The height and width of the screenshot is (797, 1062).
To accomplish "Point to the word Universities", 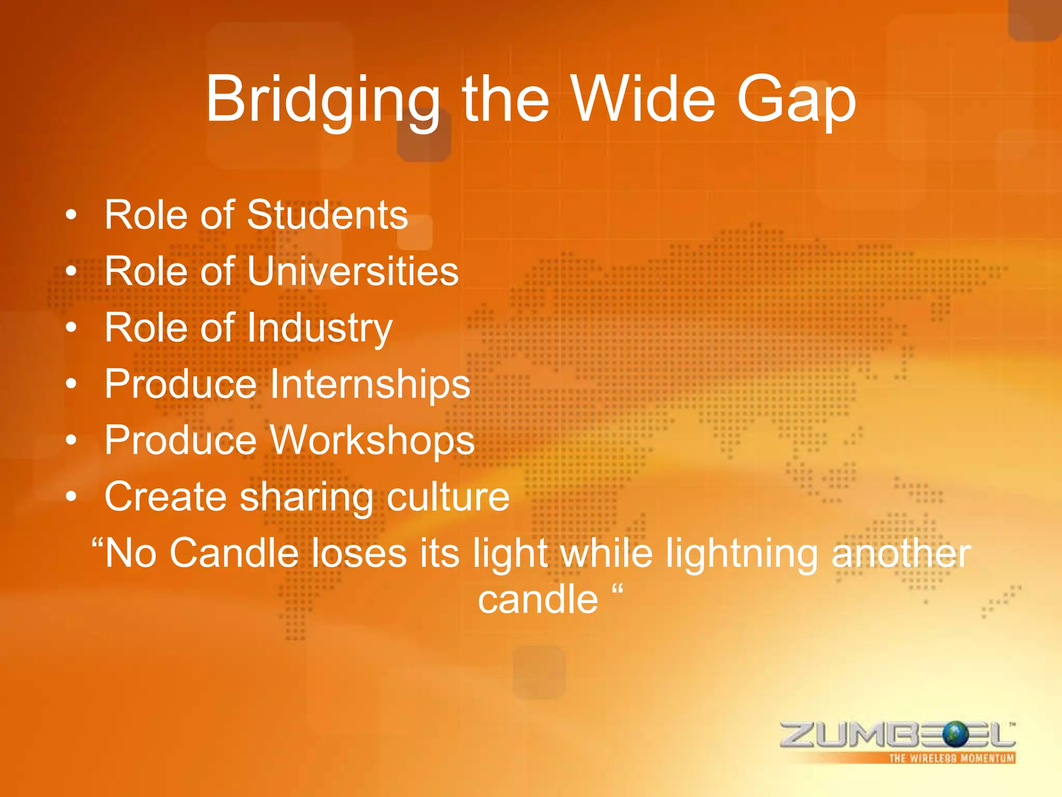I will pos(353,271).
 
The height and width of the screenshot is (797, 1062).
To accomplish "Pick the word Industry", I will pos(319,328).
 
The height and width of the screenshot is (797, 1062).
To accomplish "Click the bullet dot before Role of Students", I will pos(72,215).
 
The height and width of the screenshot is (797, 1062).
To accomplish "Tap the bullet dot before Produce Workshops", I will pos(72,441).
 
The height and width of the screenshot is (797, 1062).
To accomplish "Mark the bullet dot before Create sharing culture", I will pos(72,497).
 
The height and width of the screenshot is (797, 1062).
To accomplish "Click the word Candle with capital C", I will pos(234,553).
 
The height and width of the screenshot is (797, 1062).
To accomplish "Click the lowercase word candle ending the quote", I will pos(538,599).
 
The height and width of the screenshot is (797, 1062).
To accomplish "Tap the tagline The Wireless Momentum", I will pos(952,758).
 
